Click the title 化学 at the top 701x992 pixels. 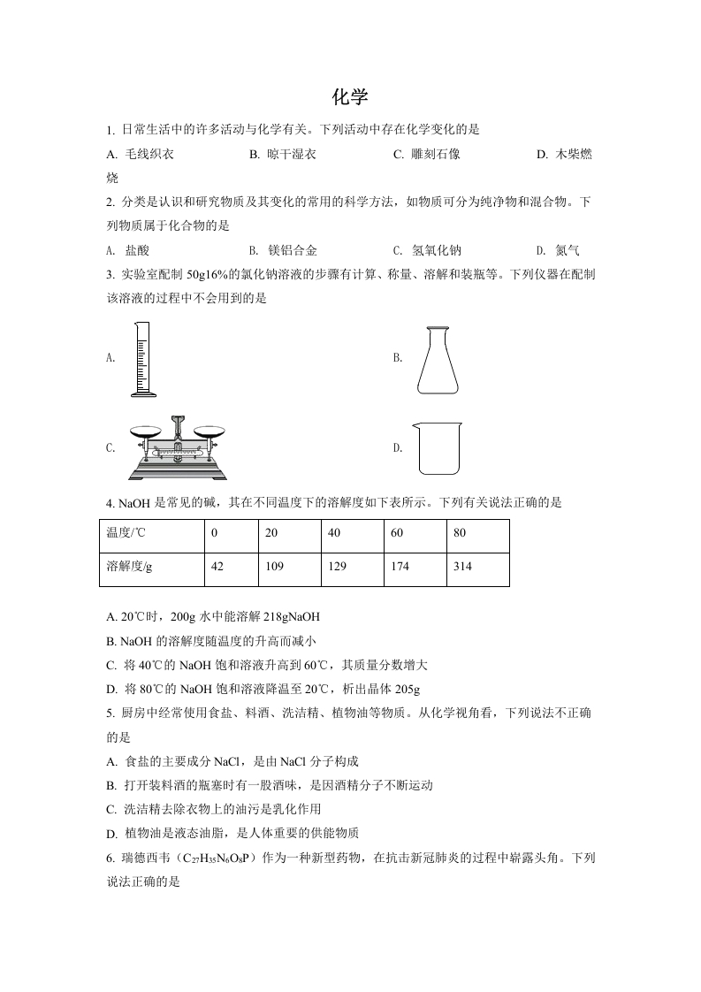point(350,95)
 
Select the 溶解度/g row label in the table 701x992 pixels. point(129,566)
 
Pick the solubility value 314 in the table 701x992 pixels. point(462,566)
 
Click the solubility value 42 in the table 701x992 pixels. point(217,566)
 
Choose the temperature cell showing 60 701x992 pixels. point(397,533)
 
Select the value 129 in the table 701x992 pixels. point(337,566)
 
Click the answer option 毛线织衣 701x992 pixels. point(149,154)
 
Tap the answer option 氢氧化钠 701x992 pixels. point(436,250)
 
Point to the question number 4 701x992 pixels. point(109,503)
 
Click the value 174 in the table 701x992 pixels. point(400,566)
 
